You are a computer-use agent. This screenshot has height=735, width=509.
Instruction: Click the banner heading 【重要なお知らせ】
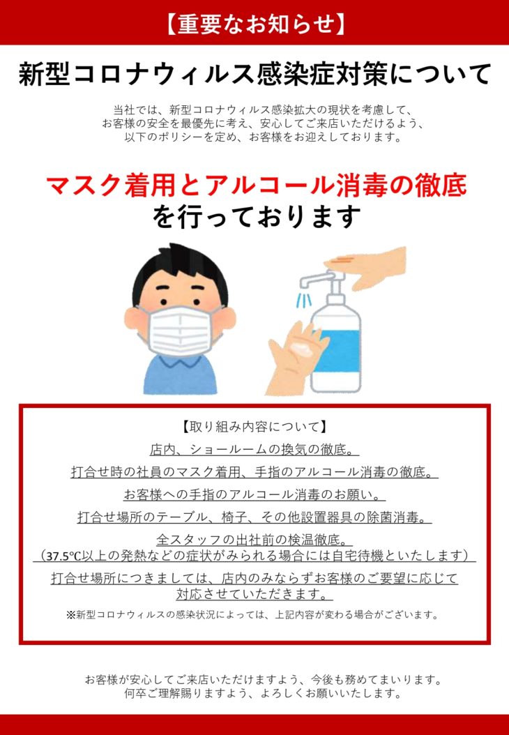(254, 24)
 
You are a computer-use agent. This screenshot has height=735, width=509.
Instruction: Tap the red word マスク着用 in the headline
(109, 185)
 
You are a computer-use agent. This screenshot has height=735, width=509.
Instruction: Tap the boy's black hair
(180, 272)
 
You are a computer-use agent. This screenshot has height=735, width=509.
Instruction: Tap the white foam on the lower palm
(298, 348)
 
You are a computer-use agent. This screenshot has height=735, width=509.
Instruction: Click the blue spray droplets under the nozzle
(305, 298)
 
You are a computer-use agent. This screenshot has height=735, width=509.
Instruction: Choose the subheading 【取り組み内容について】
(254, 427)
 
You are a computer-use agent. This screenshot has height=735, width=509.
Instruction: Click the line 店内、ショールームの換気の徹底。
(254, 450)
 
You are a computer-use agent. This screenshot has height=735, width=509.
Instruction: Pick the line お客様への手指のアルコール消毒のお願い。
(254, 494)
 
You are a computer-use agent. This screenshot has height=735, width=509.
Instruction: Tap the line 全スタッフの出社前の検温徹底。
(254, 540)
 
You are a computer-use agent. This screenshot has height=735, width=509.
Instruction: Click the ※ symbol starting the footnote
(70, 614)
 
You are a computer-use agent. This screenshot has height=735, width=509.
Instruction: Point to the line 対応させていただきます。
(254, 594)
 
